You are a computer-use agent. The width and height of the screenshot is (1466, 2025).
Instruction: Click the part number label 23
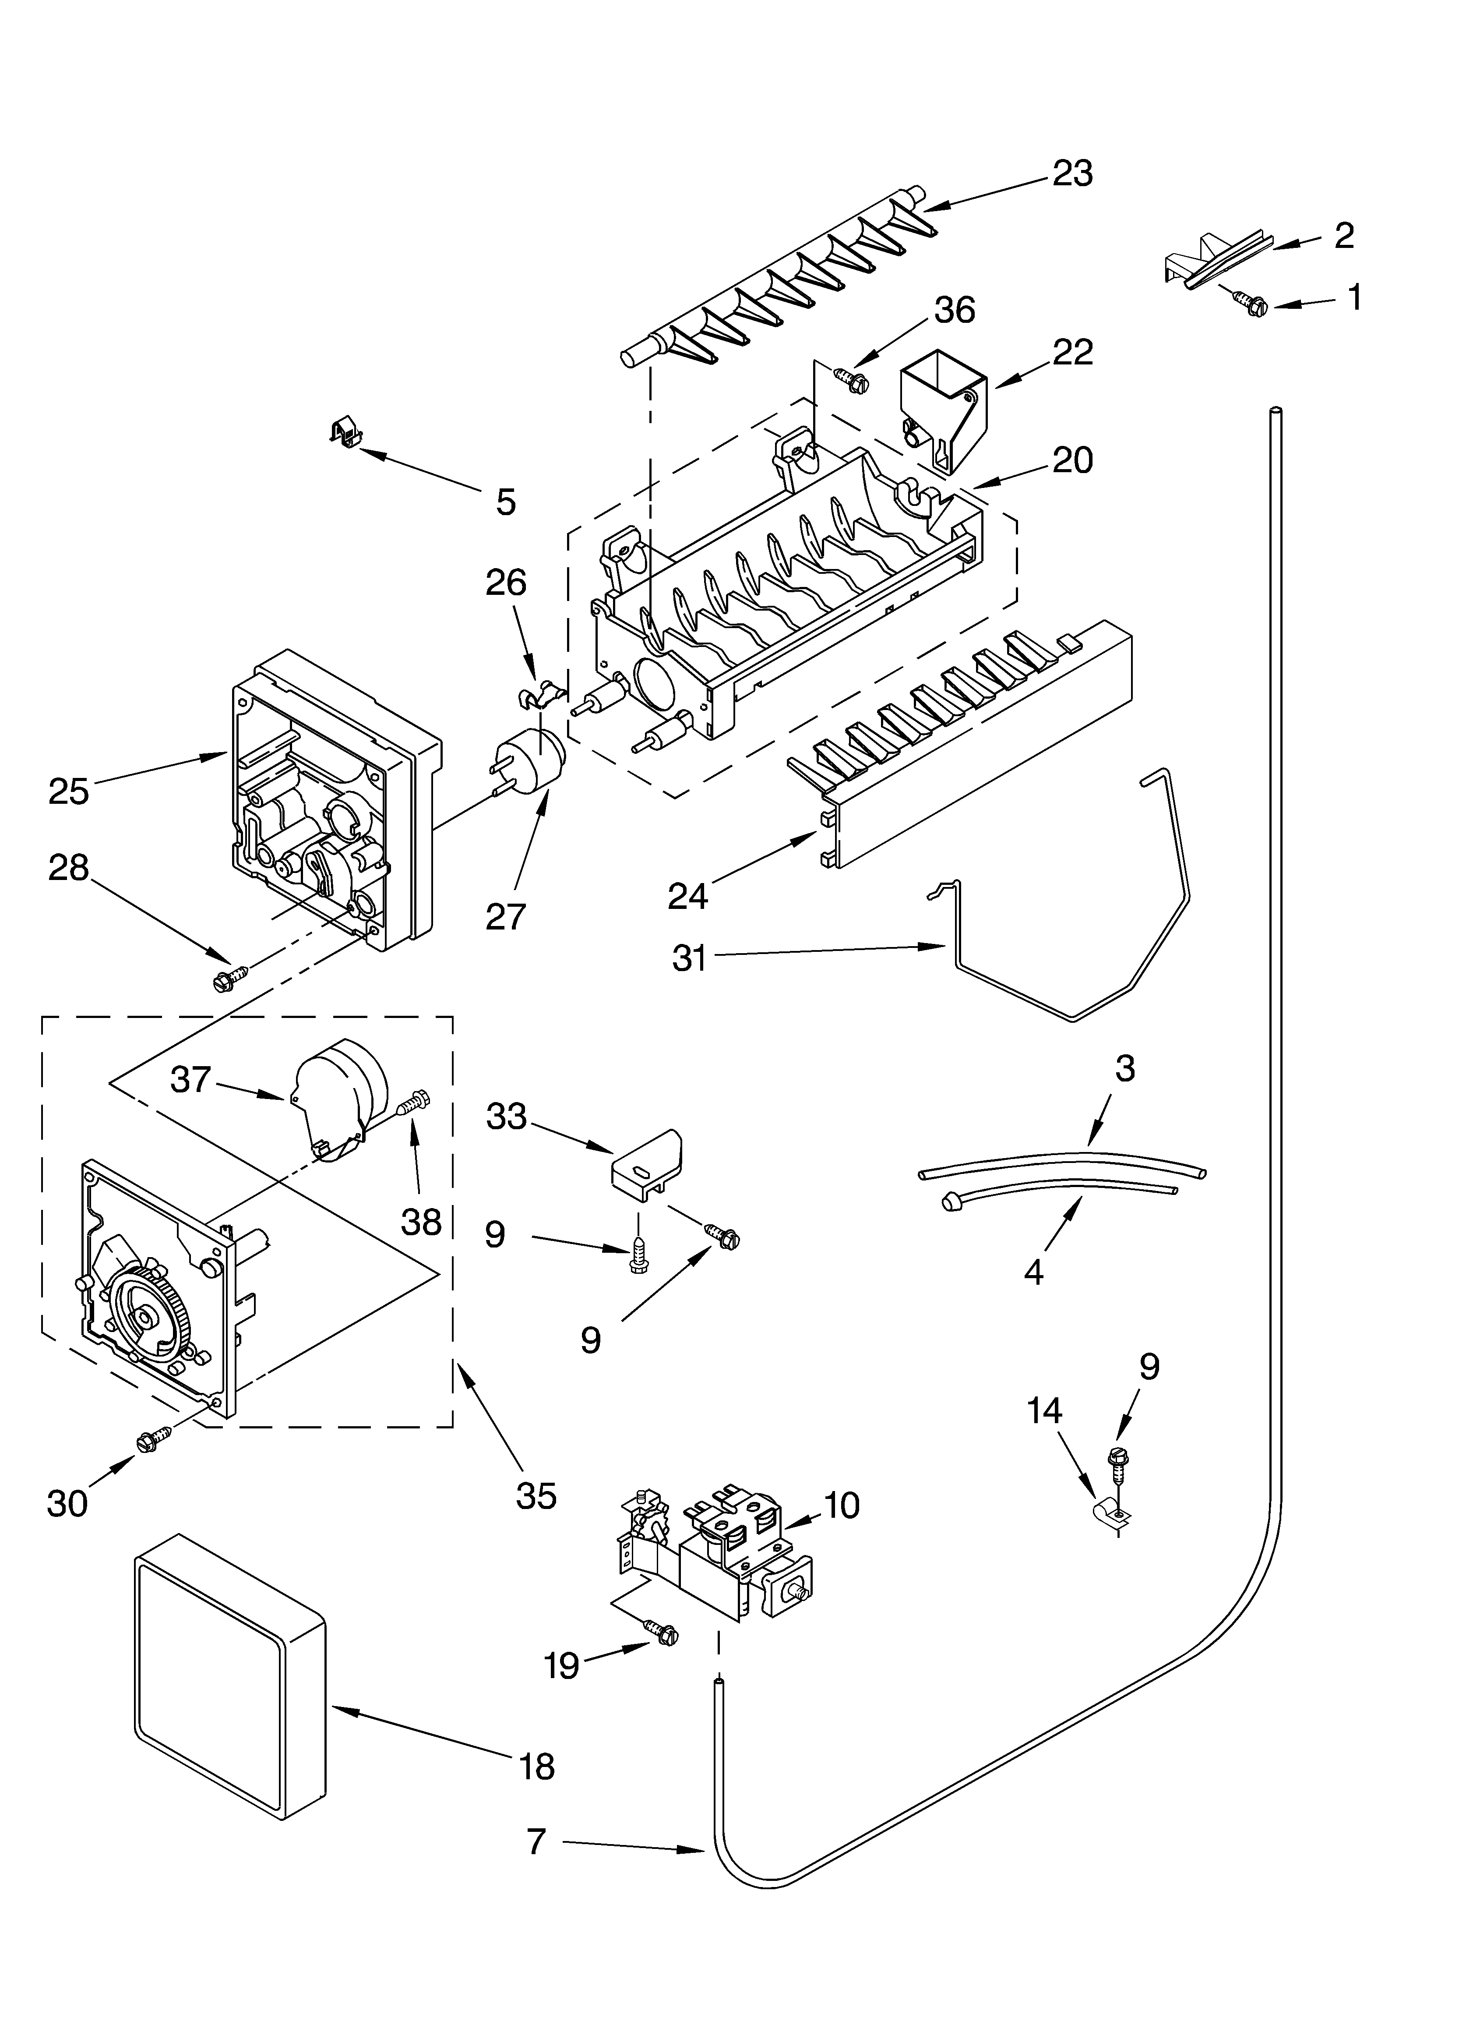click(1072, 173)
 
